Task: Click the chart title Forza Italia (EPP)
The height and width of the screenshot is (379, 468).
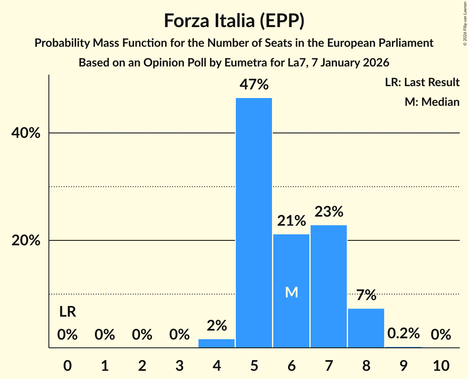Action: click(234, 21)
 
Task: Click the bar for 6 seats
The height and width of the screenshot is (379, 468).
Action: click(291, 263)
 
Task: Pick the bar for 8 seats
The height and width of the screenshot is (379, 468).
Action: click(366, 328)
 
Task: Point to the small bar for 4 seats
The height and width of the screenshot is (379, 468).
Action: click(217, 343)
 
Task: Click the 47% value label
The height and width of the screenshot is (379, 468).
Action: click(254, 85)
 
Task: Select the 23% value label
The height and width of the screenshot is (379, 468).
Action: click(329, 212)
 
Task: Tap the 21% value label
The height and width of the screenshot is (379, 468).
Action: click(291, 221)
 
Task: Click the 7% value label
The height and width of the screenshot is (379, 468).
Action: click(366, 295)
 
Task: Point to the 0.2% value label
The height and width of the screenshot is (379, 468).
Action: click(403, 333)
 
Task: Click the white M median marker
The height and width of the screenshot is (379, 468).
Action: click(291, 292)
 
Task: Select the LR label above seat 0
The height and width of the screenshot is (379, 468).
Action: click(67, 312)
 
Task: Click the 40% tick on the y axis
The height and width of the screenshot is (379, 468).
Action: click(26, 133)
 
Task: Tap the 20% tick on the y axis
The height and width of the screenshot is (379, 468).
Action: click(26, 241)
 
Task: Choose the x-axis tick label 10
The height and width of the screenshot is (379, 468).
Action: click(441, 365)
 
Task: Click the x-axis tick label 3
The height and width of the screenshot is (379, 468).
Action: click(179, 365)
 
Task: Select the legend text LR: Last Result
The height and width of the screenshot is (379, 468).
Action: click(422, 82)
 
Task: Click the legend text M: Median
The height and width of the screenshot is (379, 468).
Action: click(432, 102)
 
